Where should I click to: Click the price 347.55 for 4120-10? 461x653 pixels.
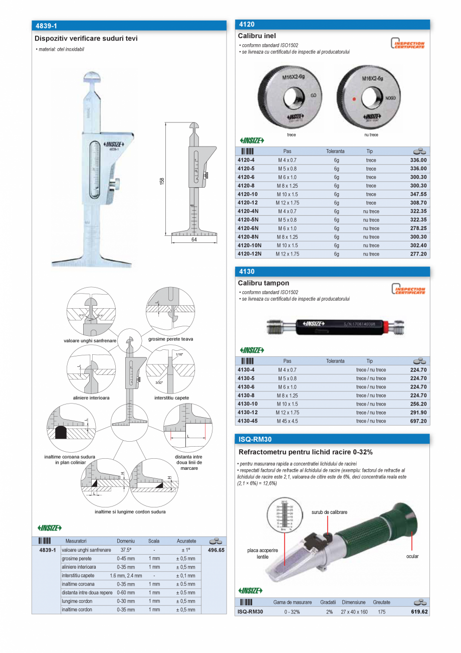click(x=418, y=194)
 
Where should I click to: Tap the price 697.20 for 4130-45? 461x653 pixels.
click(x=418, y=421)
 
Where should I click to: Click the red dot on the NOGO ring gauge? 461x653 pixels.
click(x=354, y=99)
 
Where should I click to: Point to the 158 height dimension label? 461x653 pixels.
click(x=162, y=181)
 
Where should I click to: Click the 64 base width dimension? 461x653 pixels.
click(x=193, y=240)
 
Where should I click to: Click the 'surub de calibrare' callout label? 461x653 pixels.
click(x=329, y=512)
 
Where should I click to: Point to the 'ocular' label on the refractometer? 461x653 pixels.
click(x=412, y=556)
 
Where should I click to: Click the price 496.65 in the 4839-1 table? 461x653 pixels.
click(x=216, y=550)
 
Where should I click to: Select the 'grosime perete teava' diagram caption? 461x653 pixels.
click(x=170, y=339)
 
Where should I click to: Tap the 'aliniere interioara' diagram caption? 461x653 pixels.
click(x=91, y=398)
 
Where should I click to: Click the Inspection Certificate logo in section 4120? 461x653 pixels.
click(x=408, y=44)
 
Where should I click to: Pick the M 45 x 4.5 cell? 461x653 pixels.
click(x=287, y=421)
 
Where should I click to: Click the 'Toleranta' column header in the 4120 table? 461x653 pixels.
click(x=335, y=151)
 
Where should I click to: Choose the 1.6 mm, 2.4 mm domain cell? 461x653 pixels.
click(x=126, y=576)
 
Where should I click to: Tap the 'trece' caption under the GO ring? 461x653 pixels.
click(x=291, y=135)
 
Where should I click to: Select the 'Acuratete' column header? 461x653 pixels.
click(x=186, y=541)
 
